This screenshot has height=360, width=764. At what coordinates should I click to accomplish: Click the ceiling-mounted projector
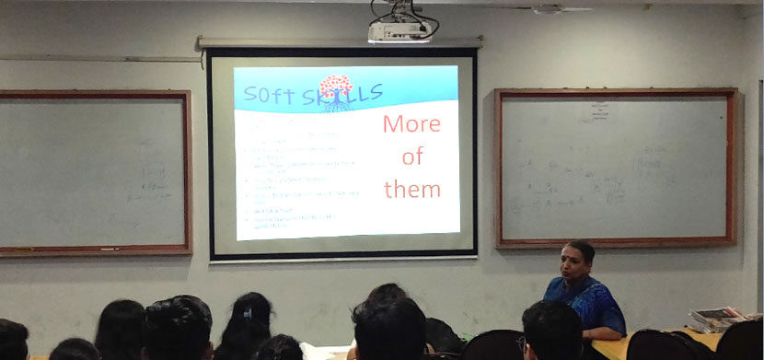(399, 32)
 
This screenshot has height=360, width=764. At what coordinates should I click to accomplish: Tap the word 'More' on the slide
(411, 124)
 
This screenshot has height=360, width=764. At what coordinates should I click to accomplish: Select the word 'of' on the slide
(411, 157)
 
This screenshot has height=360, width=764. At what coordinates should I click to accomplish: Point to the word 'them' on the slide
(411, 189)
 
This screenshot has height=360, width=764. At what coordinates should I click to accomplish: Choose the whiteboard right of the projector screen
(616, 168)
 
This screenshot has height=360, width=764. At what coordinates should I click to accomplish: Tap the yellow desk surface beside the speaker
(644, 343)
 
